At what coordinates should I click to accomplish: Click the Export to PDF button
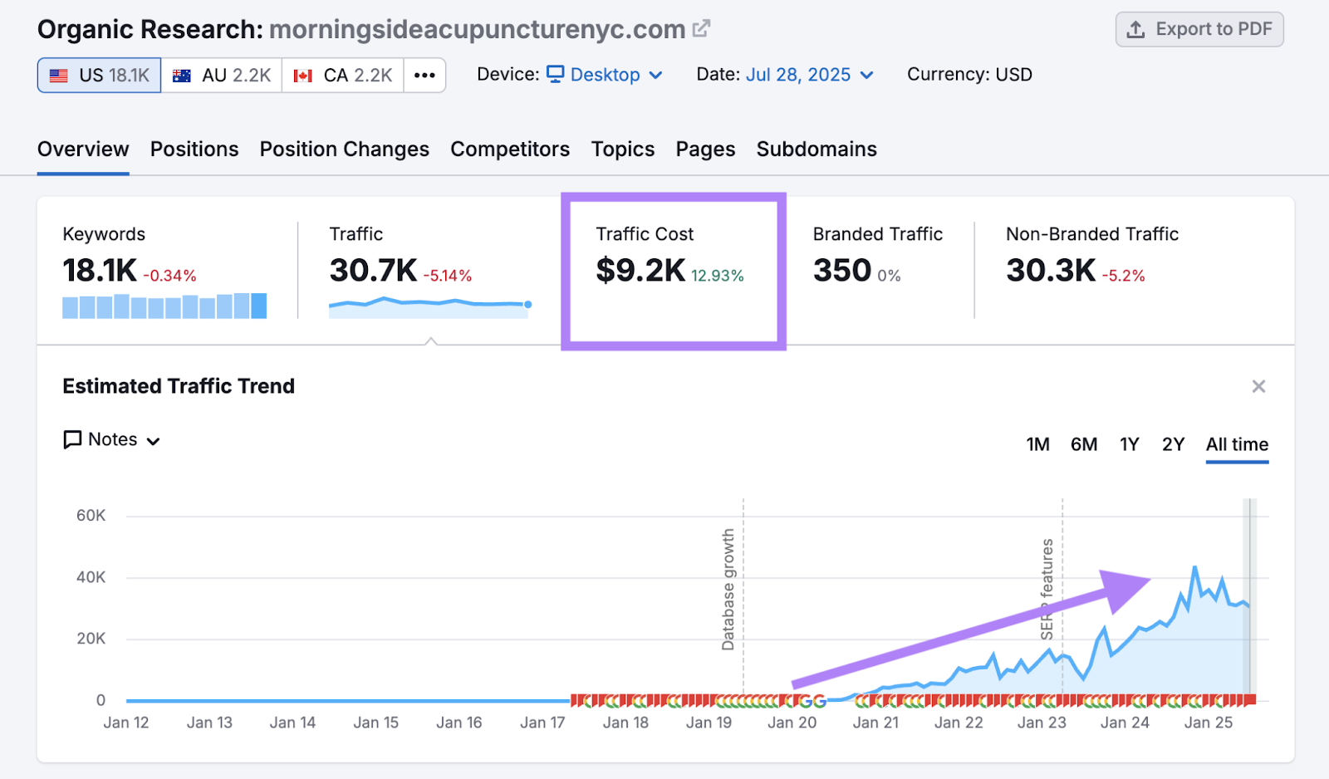(x=1199, y=30)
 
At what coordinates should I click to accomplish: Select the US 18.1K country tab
(x=99, y=76)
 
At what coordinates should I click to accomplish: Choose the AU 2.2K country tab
(x=222, y=76)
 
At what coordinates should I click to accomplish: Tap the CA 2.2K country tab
(x=343, y=76)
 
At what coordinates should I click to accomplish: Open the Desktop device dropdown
(x=605, y=75)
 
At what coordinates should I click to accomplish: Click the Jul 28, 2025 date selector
(x=809, y=75)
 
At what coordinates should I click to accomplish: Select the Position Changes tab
(x=344, y=149)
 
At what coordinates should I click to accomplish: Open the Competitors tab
(x=510, y=149)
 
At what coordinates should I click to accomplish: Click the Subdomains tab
(x=817, y=149)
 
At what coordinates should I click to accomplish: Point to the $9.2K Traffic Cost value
(x=640, y=271)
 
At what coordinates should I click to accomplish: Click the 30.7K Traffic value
(x=373, y=271)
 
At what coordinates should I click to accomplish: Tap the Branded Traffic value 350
(x=841, y=271)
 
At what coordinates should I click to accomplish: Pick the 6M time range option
(x=1083, y=445)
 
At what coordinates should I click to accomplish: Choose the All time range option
(x=1237, y=445)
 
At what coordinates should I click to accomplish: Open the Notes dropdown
(x=112, y=440)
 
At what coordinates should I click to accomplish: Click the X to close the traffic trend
(x=1258, y=386)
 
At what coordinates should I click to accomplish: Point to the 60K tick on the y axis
(x=91, y=516)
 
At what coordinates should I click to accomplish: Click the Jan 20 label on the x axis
(x=792, y=723)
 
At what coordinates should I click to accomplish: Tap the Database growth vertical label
(x=728, y=590)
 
